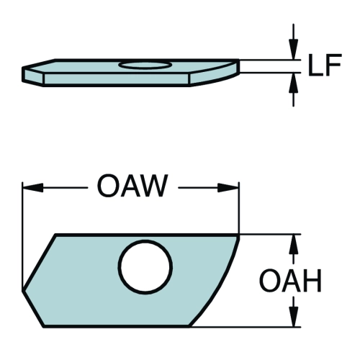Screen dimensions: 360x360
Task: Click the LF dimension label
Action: pos(325,65)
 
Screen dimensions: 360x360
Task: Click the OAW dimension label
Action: pos(132,186)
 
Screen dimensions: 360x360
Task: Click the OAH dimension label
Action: pos(290,281)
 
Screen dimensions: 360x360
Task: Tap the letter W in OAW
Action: pos(153,186)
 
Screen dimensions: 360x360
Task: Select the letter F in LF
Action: pos(333,65)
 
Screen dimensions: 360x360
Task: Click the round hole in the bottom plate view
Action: pos(146,267)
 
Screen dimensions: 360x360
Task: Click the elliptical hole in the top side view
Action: pos(145,66)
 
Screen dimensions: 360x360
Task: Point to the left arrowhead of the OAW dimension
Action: pos(33,188)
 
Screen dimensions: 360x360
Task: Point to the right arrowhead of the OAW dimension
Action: pos(228,188)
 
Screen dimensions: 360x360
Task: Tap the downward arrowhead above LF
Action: pos(293,49)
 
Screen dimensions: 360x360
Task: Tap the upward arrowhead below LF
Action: pos(293,83)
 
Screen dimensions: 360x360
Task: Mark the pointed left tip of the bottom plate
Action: pos(23,290)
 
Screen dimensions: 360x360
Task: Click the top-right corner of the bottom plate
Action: pos(239,235)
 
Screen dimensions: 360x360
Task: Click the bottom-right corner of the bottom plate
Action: pos(189,326)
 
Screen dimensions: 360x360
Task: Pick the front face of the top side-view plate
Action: pos(117,78)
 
